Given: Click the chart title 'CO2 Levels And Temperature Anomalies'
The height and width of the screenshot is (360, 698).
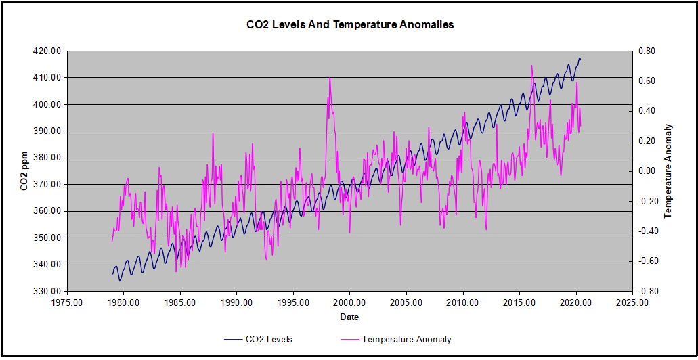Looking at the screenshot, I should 349,25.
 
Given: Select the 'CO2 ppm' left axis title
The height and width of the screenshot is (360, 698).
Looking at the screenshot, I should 24,171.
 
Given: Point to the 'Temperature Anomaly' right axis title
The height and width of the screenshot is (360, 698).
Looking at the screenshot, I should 668,171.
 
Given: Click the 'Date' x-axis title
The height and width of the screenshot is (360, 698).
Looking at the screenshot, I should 349,317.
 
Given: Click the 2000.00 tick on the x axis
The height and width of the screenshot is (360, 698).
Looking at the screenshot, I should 349,303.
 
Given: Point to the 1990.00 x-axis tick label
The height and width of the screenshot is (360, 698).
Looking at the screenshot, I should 236,303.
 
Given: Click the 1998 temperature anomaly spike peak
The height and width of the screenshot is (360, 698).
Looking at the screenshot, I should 330,78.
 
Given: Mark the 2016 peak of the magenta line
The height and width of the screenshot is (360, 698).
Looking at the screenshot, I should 531,66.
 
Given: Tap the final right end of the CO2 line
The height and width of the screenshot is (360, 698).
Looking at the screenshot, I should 580,60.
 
